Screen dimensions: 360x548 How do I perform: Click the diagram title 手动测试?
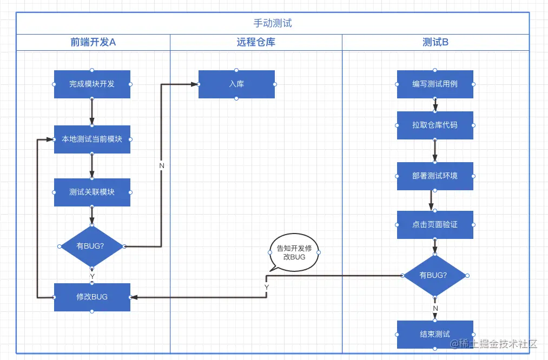[273, 23]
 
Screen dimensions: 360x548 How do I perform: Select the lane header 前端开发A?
[93, 42]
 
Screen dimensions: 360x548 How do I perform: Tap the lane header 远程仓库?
[256, 42]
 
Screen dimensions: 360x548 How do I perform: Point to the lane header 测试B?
[435, 42]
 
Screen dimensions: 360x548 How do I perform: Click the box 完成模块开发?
[92, 84]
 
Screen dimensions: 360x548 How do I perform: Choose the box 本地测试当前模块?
[92, 139]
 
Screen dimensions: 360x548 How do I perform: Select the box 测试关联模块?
[92, 192]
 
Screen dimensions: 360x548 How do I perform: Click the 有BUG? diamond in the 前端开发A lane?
[91, 246]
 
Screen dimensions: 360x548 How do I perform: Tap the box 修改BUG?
[92, 297]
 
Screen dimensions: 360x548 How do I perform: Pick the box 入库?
[236, 84]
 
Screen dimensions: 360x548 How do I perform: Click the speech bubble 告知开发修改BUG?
[294, 252]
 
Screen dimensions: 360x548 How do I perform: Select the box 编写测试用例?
[435, 84]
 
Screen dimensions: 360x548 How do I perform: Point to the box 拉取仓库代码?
[435, 125]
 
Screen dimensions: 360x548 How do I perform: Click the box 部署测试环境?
[435, 176]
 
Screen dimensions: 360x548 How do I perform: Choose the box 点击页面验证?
[435, 224]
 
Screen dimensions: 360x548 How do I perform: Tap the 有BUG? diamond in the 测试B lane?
[435, 276]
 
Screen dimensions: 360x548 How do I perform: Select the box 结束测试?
[435, 334]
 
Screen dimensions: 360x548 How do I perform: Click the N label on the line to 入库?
[162, 165]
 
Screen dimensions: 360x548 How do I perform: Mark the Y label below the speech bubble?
[267, 287]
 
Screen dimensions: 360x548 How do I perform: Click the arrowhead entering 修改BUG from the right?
[134, 297]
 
